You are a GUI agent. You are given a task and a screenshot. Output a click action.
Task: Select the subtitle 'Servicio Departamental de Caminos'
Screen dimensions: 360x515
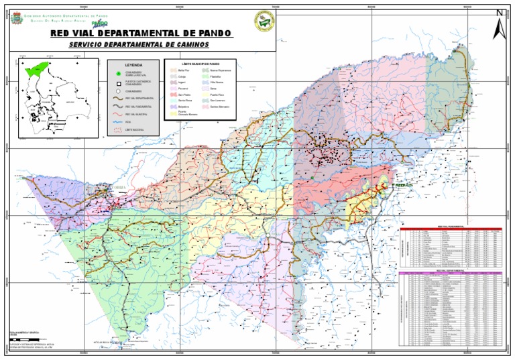click(x=139, y=44)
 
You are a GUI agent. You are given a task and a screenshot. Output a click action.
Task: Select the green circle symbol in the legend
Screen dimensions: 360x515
click(x=117, y=73)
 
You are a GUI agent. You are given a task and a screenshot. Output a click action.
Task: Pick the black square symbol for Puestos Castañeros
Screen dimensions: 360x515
click(x=117, y=82)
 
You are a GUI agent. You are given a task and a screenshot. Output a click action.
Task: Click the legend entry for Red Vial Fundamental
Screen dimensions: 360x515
click(x=138, y=107)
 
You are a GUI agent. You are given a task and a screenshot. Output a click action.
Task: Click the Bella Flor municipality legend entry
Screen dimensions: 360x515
click(x=184, y=70)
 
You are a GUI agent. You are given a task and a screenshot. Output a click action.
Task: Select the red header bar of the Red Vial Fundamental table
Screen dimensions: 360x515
click(x=450, y=228)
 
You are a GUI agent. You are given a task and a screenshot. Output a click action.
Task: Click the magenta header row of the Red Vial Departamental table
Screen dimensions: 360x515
click(x=450, y=274)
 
